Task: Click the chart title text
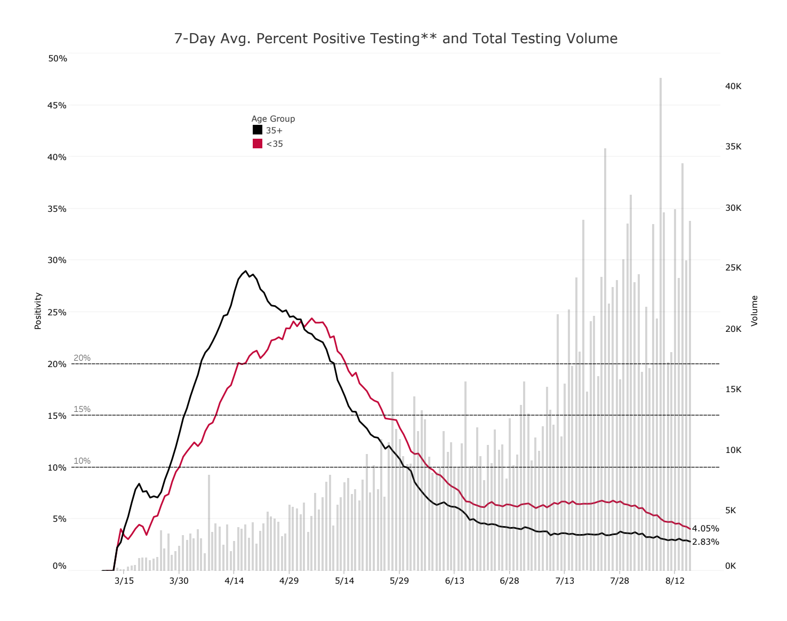tap(396, 38)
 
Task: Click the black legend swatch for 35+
tap(258, 130)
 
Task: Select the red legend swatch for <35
tap(258, 144)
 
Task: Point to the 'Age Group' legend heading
tap(273, 118)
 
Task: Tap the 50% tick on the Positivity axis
tap(58, 58)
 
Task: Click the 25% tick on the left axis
tap(58, 312)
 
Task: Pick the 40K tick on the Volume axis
tap(733, 86)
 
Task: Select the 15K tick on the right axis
tap(733, 389)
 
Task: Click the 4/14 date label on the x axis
tap(234, 580)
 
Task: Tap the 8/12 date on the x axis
tap(674, 580)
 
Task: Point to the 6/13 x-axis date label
tap(454, 580)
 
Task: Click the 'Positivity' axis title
tap(38, 310)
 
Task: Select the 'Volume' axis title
tap(754, 310)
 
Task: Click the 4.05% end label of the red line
tap(705, 529)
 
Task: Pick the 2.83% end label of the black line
tap(705, 542)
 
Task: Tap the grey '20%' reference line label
tap(82, 358)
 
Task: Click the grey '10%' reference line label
tap(82, 461)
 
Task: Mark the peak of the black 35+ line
tap(246, 271)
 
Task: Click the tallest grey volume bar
tap(660, 320)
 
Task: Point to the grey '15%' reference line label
tap(82, 409)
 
